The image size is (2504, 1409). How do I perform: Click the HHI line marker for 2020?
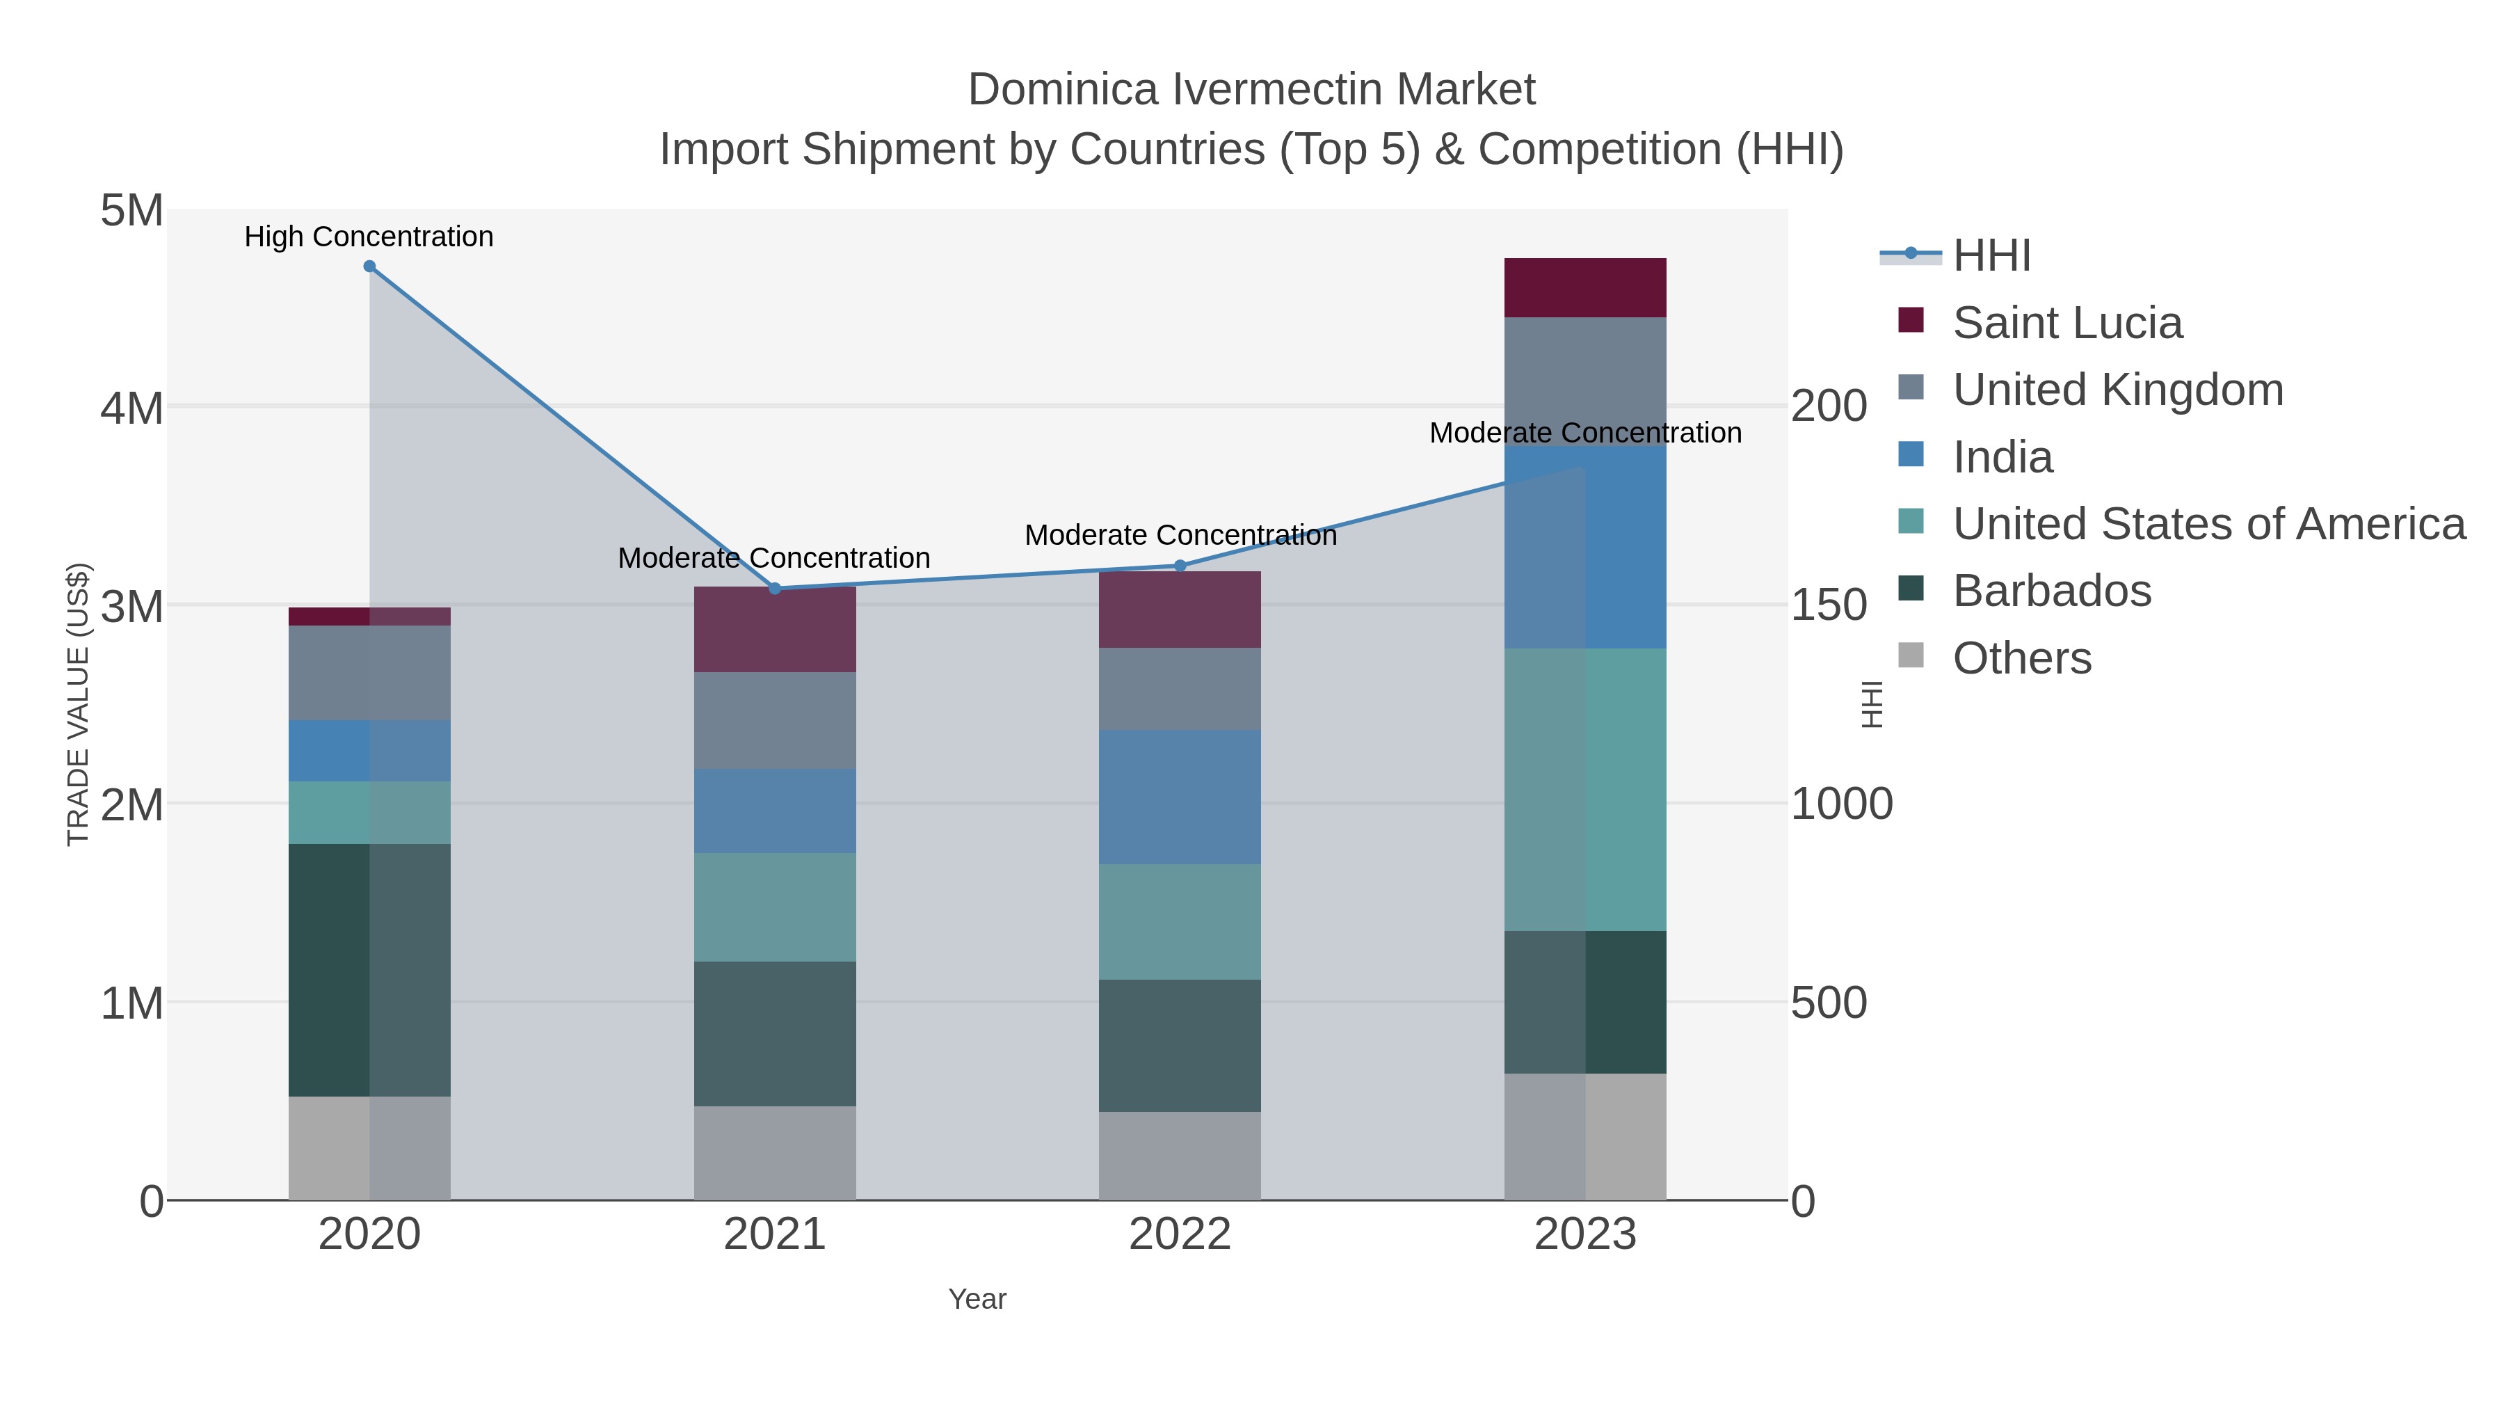(x=369, y=266)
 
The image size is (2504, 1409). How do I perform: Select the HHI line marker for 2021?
(x=775, y=588)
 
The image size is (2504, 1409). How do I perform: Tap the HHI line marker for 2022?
(x=1180, y=566)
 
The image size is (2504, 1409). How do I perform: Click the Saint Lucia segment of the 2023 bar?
(x=1585, y=288)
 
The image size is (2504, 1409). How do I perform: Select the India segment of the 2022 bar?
(x=1180, y=797)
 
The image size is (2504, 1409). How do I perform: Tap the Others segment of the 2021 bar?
(x=775, y=1152)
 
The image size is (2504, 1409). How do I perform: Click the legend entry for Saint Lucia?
(x=2066, y=323)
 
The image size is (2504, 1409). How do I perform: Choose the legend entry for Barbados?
(x=2051, y=591)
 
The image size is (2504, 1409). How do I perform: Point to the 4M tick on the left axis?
(x=132, y=408)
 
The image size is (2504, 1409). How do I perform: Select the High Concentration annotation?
(x=369, y=237)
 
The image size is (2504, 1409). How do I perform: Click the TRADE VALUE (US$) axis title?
(x=78, y=704)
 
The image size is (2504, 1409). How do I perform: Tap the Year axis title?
(x=977, y=1299)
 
